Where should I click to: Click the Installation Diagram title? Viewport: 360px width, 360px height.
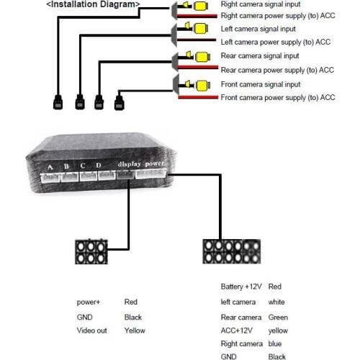[x=93, y=4]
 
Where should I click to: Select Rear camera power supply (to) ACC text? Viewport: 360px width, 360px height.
[x=277, y=70]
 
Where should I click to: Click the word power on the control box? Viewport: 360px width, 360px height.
[x=155, y=163]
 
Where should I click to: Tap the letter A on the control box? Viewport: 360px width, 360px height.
[x=50, y=168]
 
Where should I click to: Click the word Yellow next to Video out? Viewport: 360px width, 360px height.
[x=135, y=330]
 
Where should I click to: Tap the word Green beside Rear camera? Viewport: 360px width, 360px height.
[x=278, y=318]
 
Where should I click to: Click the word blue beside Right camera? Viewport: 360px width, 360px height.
[x=275, y=343]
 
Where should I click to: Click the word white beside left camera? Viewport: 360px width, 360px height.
[x=276, y=302]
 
